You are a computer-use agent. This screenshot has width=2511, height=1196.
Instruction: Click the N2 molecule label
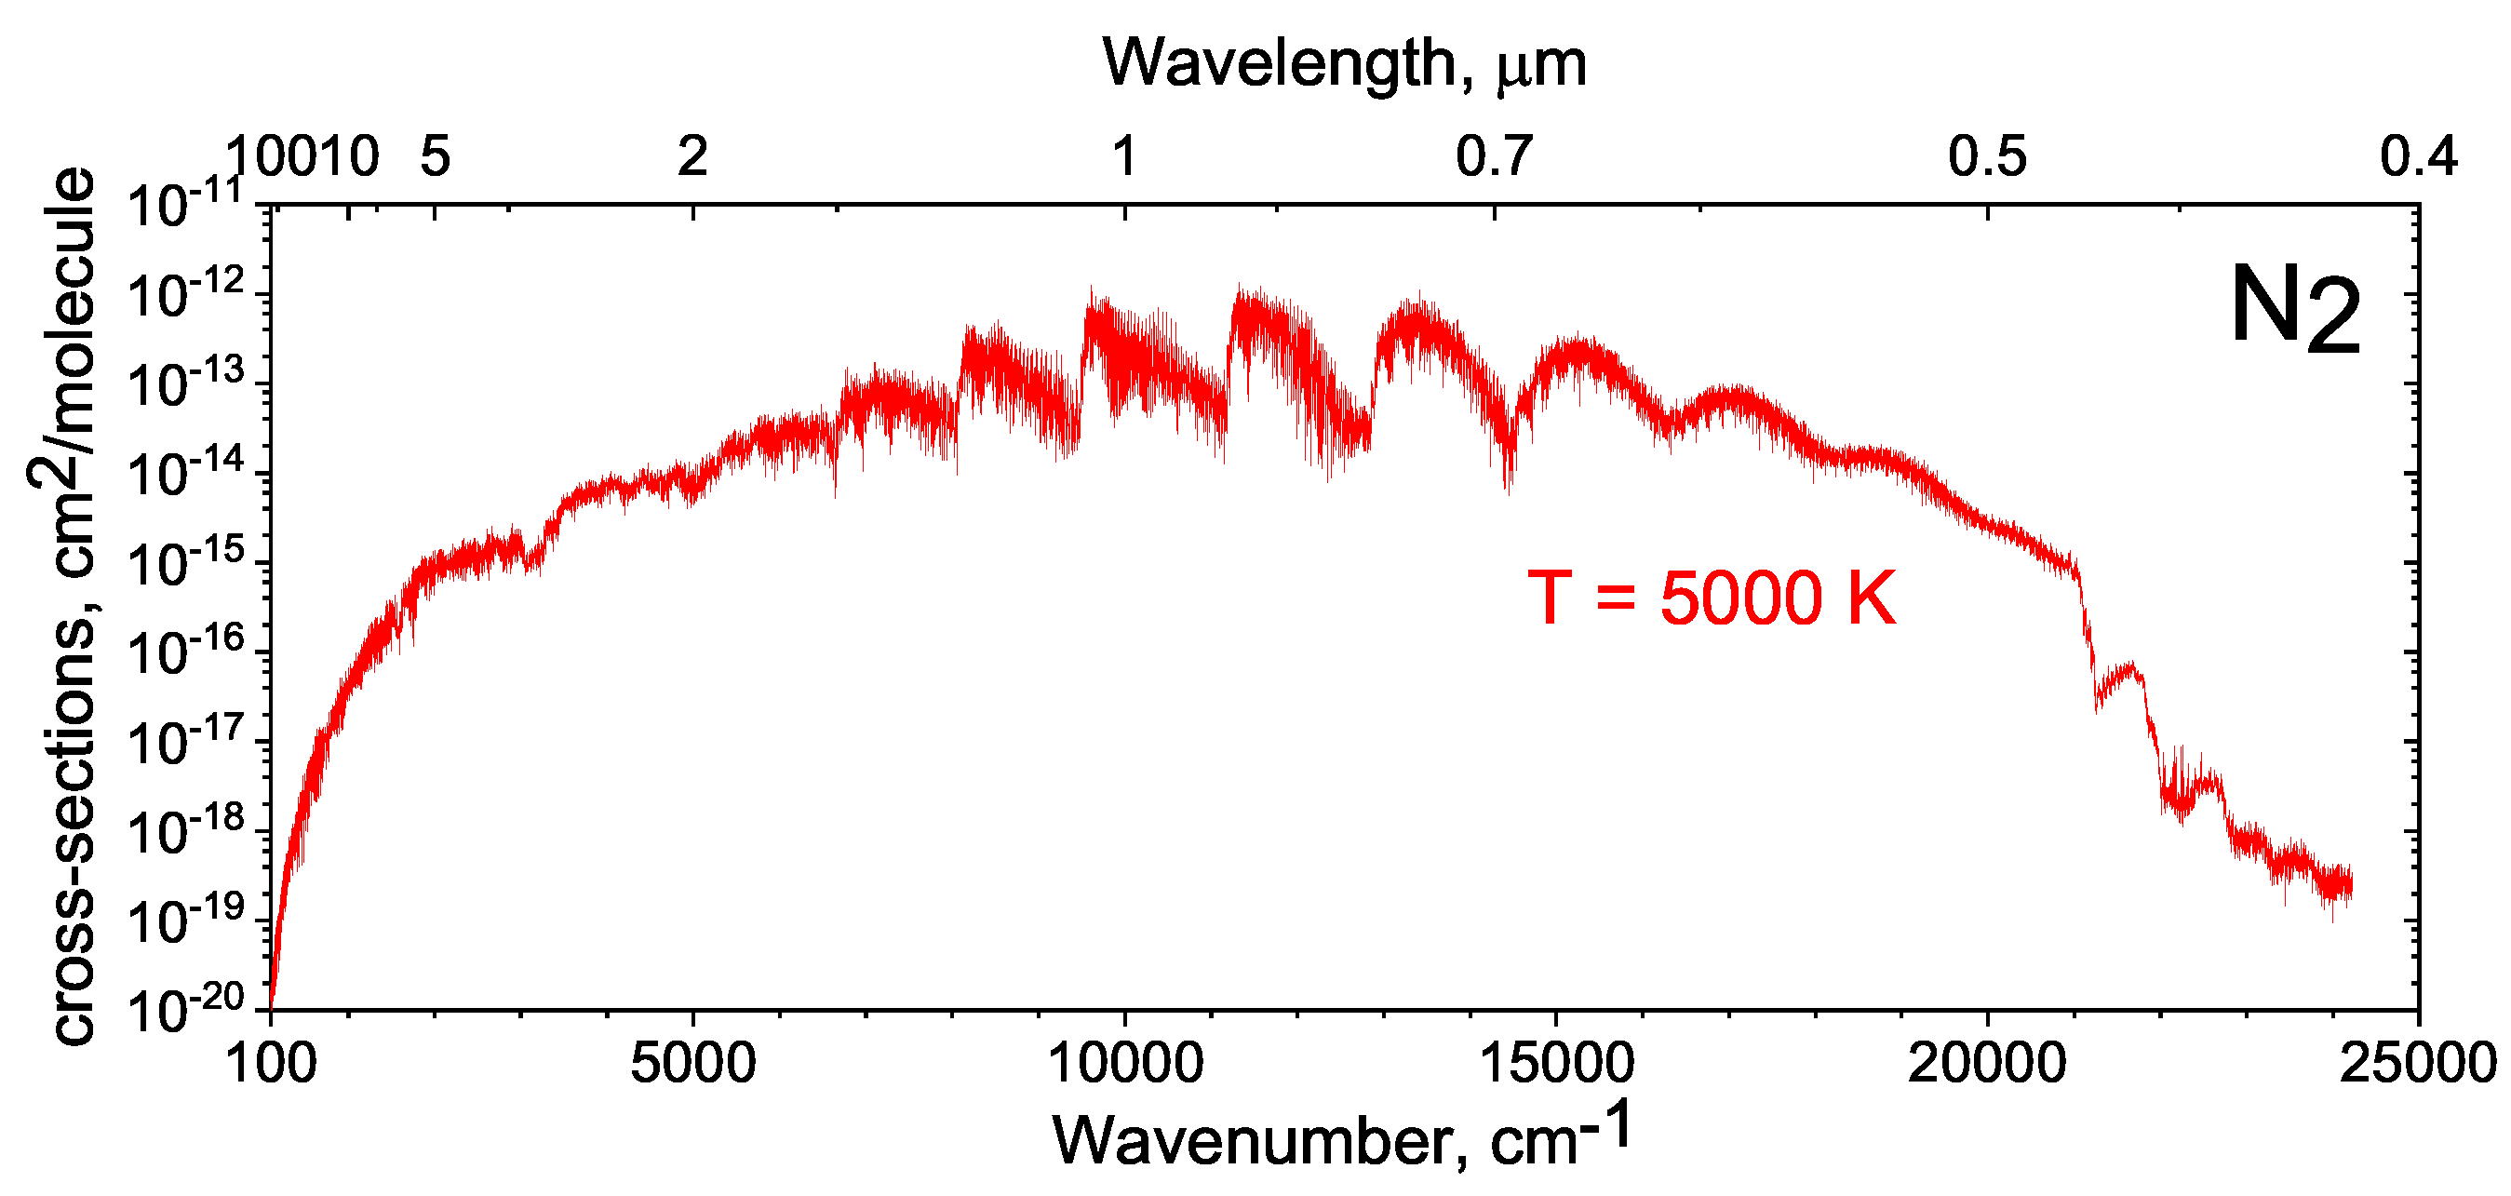pos(2294,310)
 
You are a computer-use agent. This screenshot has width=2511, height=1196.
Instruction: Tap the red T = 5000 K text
pos(1712,598)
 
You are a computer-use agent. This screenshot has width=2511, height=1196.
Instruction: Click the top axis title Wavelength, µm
pos(1344,63)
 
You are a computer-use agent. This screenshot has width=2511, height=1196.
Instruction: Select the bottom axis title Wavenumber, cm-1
pos(1341,1135)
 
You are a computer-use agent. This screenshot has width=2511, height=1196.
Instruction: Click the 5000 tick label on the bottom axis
pos(692,1063)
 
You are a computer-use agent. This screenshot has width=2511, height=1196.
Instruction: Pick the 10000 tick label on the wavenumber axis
pos(1125,1063)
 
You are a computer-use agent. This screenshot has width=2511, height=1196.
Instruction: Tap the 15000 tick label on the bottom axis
pos(1556,1063)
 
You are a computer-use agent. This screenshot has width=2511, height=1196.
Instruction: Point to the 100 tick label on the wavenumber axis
pos(271,1063)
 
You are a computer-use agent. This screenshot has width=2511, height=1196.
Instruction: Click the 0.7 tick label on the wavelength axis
pos(1495,156)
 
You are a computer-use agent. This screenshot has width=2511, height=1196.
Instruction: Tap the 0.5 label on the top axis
pos(1987,156)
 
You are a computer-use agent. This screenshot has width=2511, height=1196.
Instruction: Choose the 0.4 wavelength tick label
pos(2419,156)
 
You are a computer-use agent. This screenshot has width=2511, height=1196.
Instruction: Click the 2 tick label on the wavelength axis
pos(692,156)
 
